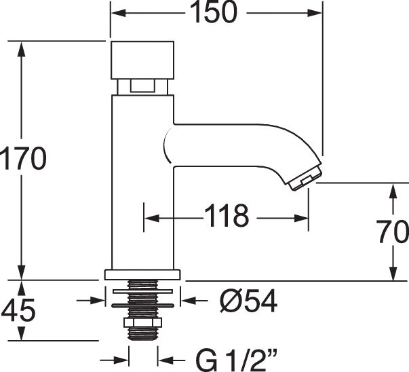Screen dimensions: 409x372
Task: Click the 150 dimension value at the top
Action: click(x=214, y=12)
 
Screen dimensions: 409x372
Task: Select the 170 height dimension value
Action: click(x=23, y=158)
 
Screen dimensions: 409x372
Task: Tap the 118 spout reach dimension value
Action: click(x=226, y=216)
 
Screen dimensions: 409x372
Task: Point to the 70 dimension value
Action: click(x=393, y=231)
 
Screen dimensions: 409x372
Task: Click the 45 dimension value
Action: click(x=18, y=310)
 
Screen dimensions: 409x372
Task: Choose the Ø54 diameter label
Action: click(x=248, y=301)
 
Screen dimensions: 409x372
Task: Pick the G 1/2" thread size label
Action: click(x=236, y=360)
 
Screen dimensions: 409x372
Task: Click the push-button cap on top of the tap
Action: click(x=142, y=60)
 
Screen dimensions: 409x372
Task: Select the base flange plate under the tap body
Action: click(x=142, y=275)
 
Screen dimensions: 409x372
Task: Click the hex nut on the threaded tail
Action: click(x=142, y=322)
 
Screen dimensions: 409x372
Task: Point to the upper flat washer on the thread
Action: click(x=142, y=291)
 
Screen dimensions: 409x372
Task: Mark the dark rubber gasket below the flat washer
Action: click(x=142, y=305)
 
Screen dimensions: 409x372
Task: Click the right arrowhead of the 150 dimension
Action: click(x=315, y=13)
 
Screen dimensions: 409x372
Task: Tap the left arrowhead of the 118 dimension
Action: click(x=151, y=218)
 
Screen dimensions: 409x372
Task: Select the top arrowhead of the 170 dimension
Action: click(x=21, y=50)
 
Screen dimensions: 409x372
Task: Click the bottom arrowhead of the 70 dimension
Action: click(x=393, y=274)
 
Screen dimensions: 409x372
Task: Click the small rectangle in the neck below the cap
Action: click(x=142, y=86)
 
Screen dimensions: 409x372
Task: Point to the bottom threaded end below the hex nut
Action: click(x=142, y=333)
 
